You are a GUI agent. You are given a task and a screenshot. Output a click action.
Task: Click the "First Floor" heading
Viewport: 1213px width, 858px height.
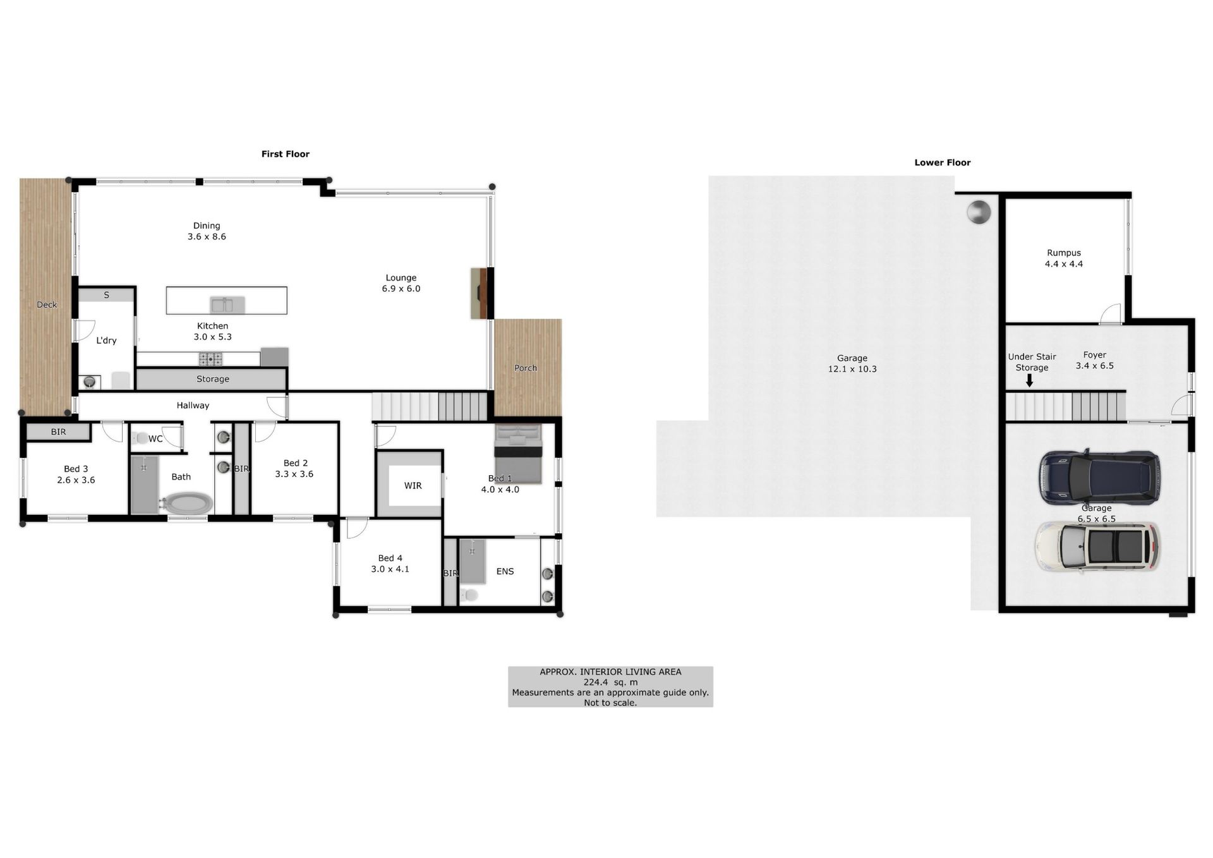tap(286, 154)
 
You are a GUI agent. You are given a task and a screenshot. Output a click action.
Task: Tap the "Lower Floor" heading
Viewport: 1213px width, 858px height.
tap(943, 163)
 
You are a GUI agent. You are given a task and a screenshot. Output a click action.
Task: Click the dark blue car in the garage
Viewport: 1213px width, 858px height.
tap(1100, 476)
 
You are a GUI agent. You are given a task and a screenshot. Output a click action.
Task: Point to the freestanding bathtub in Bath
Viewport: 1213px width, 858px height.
tap(187, 504)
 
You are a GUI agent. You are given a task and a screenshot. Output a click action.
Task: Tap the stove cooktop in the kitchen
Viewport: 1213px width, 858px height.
tap(210, 359)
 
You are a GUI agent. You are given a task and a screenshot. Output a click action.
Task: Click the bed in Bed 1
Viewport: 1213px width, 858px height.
tap(519, 454)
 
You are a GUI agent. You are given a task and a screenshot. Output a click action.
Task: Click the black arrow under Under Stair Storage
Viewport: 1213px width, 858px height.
tap(1029, 380)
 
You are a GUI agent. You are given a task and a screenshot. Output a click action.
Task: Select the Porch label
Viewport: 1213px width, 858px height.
tap(526, 368)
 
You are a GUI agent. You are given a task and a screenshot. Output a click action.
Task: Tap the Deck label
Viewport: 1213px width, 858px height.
tap(47, 305)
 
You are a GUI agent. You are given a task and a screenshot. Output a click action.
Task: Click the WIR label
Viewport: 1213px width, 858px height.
tap(413, 485)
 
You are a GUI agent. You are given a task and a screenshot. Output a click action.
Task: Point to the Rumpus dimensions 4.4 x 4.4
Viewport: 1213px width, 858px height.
tap(1064, 264)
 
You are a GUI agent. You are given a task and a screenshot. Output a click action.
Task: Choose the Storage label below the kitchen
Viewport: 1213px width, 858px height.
tap(213, 379)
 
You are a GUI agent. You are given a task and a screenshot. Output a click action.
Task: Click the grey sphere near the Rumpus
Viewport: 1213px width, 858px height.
tap(979, 212)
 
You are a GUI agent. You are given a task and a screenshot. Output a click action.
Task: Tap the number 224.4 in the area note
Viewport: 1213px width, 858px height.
tap(596, 682)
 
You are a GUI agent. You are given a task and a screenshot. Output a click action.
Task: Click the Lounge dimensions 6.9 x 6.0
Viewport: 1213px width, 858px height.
tap(401, 289)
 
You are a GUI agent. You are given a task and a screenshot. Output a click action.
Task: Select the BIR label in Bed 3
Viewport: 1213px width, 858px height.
tap(58, 432)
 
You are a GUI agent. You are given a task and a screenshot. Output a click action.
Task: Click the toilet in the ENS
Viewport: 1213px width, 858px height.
tap(469, 595)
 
